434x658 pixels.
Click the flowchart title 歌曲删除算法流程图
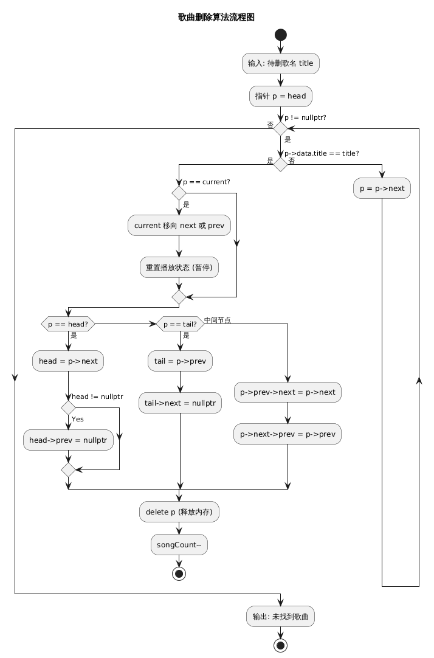[x=216, y=17]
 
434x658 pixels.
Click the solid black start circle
[x=281, y=35]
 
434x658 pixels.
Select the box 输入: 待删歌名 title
[x=281, y=63]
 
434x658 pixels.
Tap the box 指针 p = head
[x=281, y=96]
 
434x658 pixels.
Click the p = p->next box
[x=382, y=189]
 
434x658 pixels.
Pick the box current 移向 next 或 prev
[x=179, y=226]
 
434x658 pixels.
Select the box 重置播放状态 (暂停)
[x=179, y=268]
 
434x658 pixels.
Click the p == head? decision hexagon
[x=68, y=324]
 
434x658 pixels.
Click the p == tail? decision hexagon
[x=180, y=324]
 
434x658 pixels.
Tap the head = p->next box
[x=68, y=361]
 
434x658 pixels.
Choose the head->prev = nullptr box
[x=68, y=440]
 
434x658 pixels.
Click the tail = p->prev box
[x=180, y=361]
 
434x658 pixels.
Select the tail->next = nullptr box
[x=180, y=403]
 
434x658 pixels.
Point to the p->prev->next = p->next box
[x=288, y=392]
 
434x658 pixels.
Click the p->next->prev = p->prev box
[x=288, y=434]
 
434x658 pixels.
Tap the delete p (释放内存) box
[x=179, y=512]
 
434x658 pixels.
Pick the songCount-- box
[x=179, y=545]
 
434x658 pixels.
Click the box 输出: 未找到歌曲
[x=281, y=617]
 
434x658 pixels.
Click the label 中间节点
[x=217, y=320]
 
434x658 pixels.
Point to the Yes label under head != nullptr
[x=78, y=419]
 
